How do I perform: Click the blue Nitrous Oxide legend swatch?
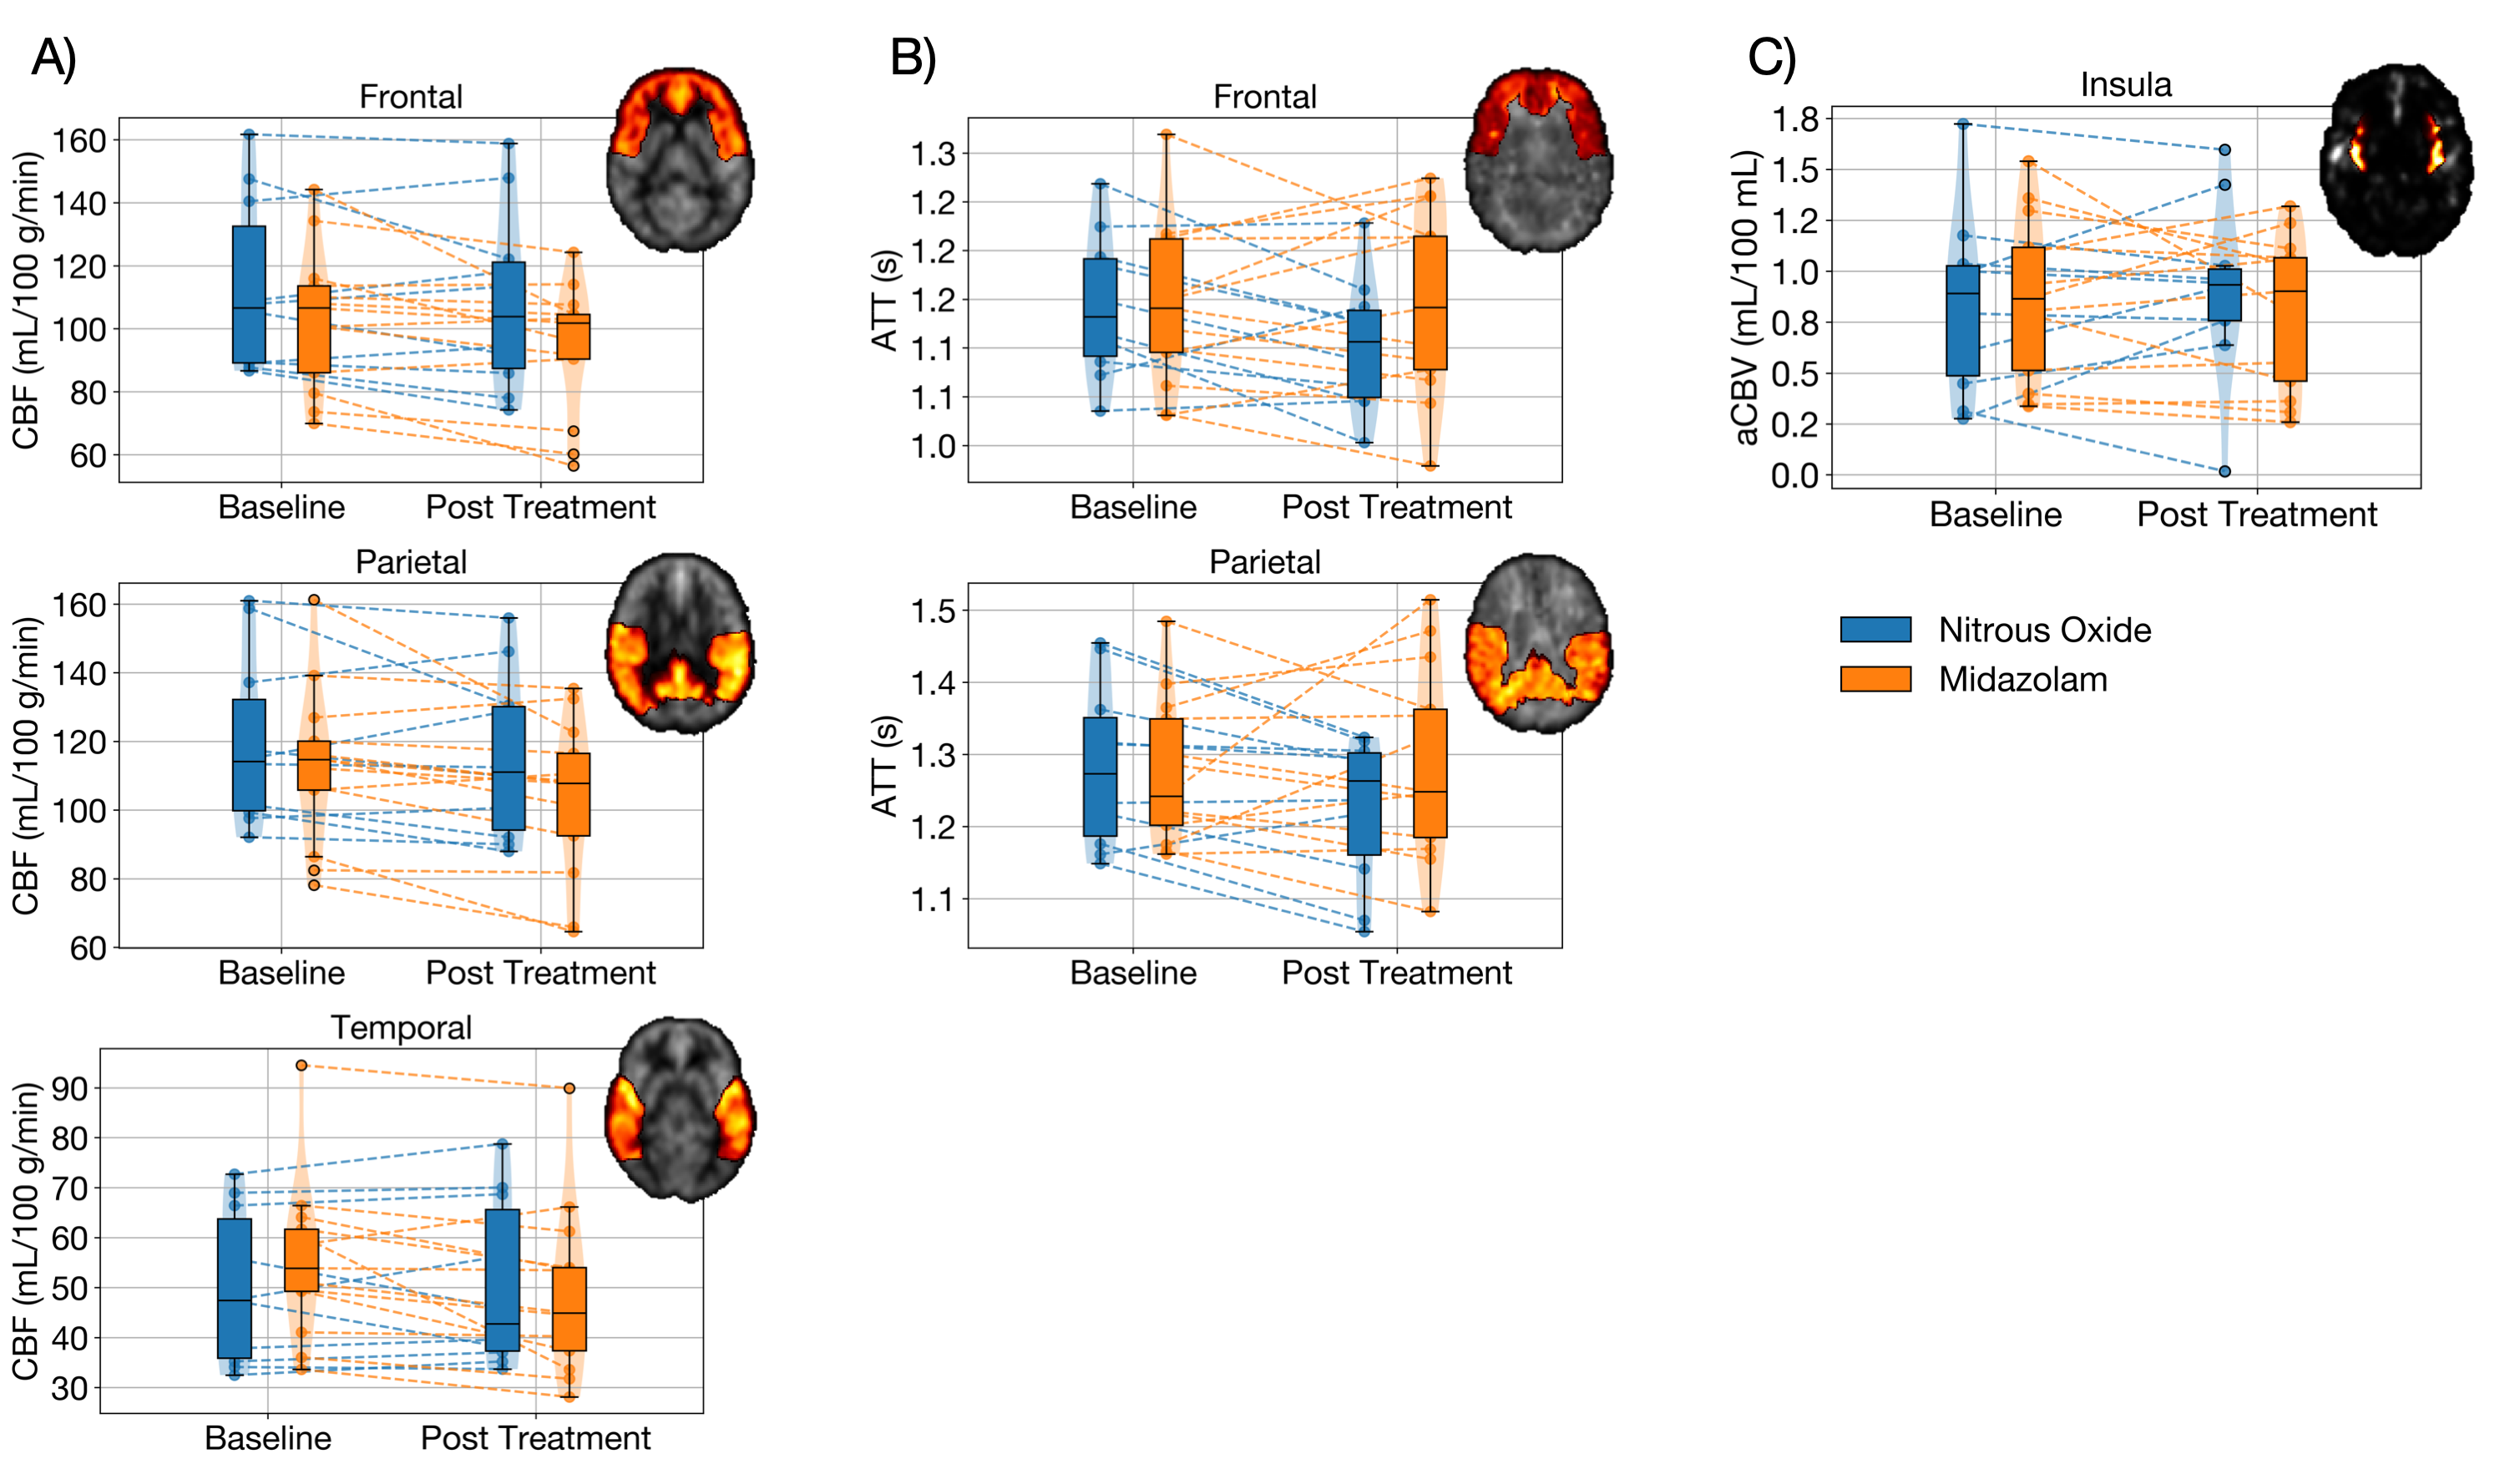pos(1875,629)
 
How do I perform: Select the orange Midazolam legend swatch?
pos(1875,679)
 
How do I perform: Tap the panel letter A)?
pos(53,57)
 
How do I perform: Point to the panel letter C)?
pos(1771,57)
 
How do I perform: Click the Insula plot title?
pos(2125,84)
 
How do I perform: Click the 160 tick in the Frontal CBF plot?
pos(79,140)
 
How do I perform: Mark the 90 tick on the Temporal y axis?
pos(68,1088)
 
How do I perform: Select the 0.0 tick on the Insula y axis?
pos(1794,475)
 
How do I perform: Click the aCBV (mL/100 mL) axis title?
pos(1747,297)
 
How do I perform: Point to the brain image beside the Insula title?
pos(2396,159)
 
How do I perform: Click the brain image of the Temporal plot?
pos(681,1108)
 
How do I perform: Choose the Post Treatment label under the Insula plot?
pos(2256,514)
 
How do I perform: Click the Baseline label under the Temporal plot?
pos(267,1437)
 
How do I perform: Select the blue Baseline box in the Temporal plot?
pos(235,1288)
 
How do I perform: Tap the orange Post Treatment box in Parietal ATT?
pos(1430,773)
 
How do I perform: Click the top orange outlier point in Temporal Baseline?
pos(301,1066)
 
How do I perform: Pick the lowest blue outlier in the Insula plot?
pos(2224,471)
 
